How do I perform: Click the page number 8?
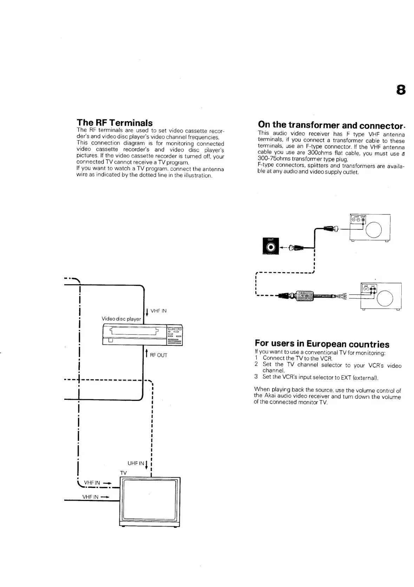[401, 90]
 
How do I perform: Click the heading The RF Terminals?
[114, 123]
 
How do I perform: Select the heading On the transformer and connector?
[331, 125]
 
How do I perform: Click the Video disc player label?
[121, 319]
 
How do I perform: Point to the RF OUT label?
[158, 355]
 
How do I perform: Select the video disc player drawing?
[142, 335]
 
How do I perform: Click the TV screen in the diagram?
[150, 500]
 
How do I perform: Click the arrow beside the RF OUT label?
[146, 353]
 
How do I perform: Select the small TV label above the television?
[123, 473]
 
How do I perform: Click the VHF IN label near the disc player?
[158, 311]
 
